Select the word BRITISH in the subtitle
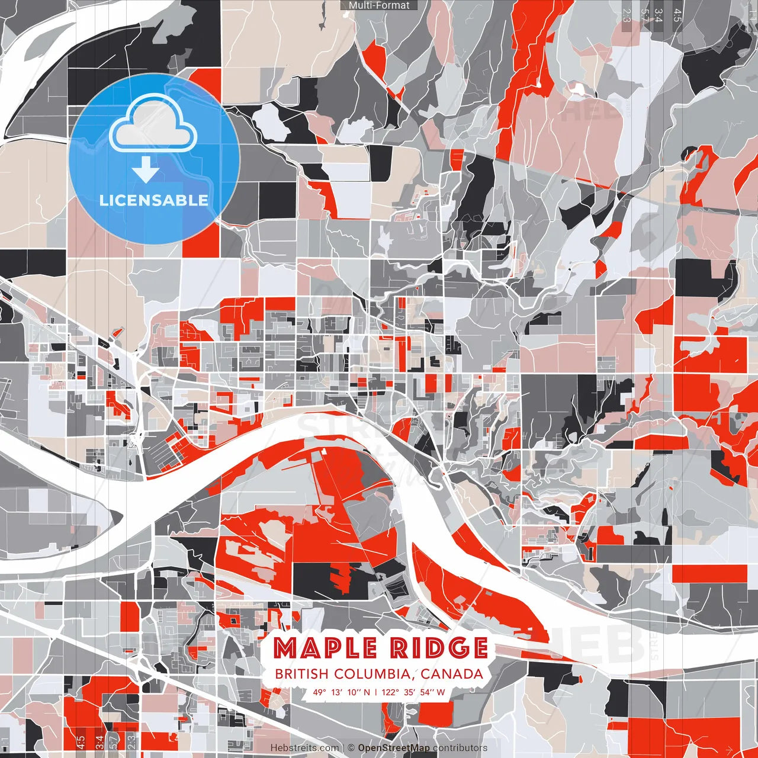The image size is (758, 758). coord(301,674)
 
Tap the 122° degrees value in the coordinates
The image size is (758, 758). coord(391,692)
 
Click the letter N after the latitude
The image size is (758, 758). coord(367,692)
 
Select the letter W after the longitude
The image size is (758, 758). coord(441,692)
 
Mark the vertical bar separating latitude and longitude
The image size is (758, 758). coord(376,692)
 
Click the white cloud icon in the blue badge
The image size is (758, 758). coord(154,126)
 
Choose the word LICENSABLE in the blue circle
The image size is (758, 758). coord(154,200)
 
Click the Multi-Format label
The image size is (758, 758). coord(379,5)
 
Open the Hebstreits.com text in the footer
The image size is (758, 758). coord(304,748)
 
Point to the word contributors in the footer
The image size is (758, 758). coord(460,748)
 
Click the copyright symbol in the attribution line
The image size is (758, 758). coord(351,748)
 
